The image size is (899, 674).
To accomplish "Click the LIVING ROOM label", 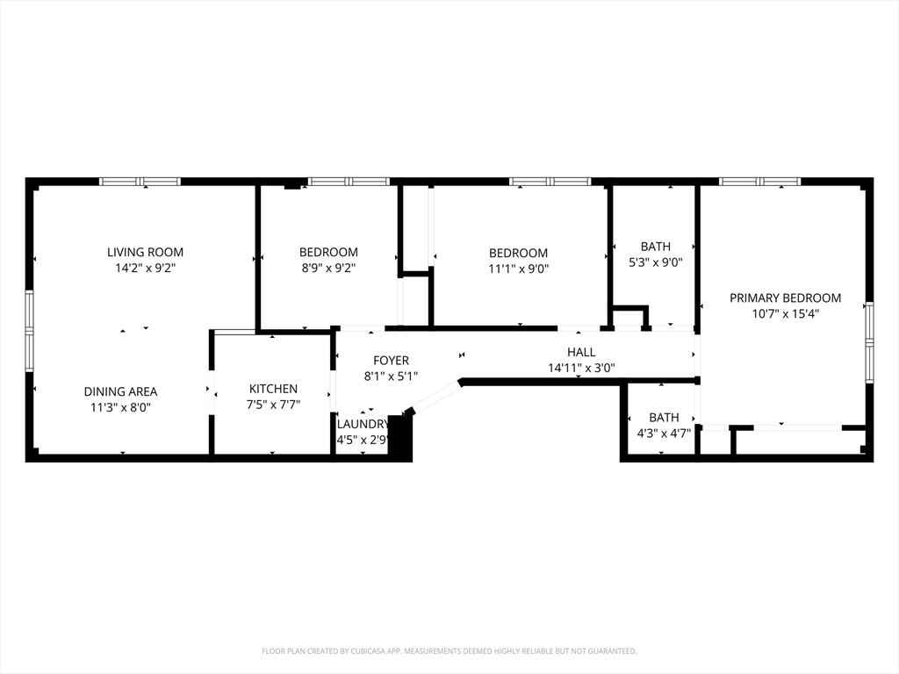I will tap(146, 252).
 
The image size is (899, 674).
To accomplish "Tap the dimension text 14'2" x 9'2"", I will tap(146, 268).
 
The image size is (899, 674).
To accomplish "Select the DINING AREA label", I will tap(120, 391).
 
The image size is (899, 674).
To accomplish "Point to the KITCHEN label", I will tap(273, 389).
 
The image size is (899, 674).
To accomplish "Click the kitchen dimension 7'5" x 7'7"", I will tap(273, 405).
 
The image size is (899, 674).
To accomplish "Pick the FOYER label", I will tap(391, 361).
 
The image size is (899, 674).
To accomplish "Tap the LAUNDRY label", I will tap(363, 423).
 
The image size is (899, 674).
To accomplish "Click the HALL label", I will tap(581, 352).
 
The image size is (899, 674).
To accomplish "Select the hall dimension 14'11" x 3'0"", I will tap(581, 368).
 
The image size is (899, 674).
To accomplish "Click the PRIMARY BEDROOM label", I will tap(785, 298).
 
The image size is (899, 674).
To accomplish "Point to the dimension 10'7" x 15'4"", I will tap(785, 313).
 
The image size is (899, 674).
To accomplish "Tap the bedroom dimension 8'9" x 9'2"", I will tap(328, 268).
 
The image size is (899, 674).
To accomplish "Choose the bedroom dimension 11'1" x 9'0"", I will tap(518, 269).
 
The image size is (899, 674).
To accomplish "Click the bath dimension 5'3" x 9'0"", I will tap(655, 262).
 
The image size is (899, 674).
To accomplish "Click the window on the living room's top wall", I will tap(140, 182).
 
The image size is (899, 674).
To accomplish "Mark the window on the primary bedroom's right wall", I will tap(869, 342).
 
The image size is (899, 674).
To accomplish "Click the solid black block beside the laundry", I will tap(400, 437).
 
